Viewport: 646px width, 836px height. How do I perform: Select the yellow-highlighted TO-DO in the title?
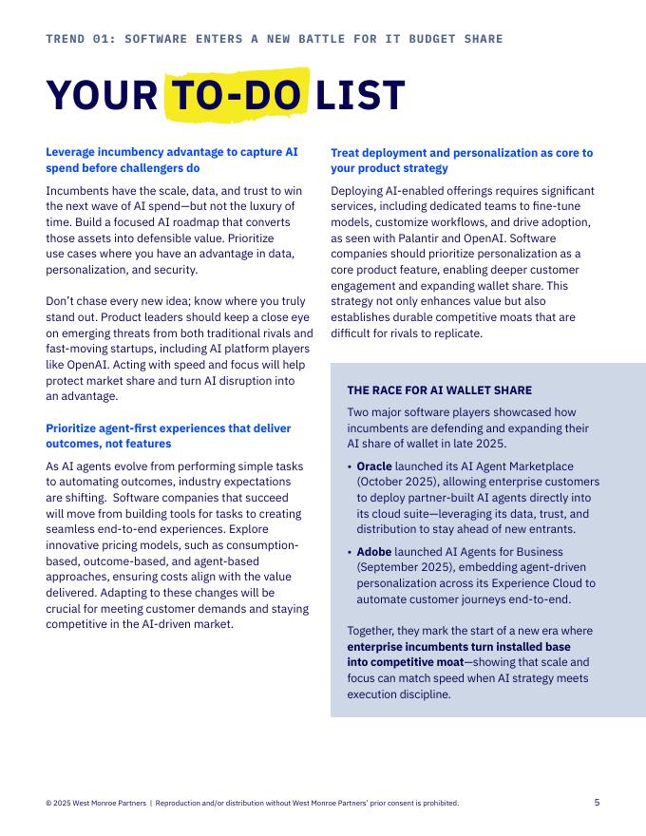pyautogui.click(x=237, y=96)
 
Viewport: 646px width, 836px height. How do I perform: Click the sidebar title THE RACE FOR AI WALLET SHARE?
pyautogui.click(x=439, y=390)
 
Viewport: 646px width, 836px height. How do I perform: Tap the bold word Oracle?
pyautogui.click(x=374, y=466)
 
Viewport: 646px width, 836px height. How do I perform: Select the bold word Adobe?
pyautogui.click(x=373, y=552)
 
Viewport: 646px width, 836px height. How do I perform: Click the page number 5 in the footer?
pyautogui.click(x=597, y=802)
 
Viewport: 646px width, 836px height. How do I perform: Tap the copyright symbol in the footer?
pyautogui.click(x=48, y=803)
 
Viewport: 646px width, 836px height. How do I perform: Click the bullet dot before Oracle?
pyautogui.click(x=350, y=467)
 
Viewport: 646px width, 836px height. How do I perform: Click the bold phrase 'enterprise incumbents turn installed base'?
pyautogui.click(x=459, y=646)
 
